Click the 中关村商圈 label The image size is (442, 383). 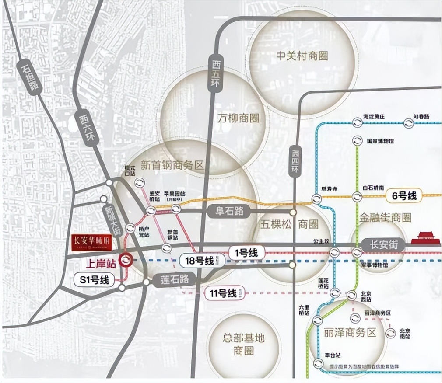point(302,56)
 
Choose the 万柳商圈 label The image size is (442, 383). point(238,118)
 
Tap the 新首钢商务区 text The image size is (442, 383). point(172,165)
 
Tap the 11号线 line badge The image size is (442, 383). point(222,293)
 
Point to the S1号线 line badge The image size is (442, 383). point(95,280)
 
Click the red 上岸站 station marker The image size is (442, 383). point(126,260)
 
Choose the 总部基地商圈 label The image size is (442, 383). point(238,344)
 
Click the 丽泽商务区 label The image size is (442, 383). point(351,332)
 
